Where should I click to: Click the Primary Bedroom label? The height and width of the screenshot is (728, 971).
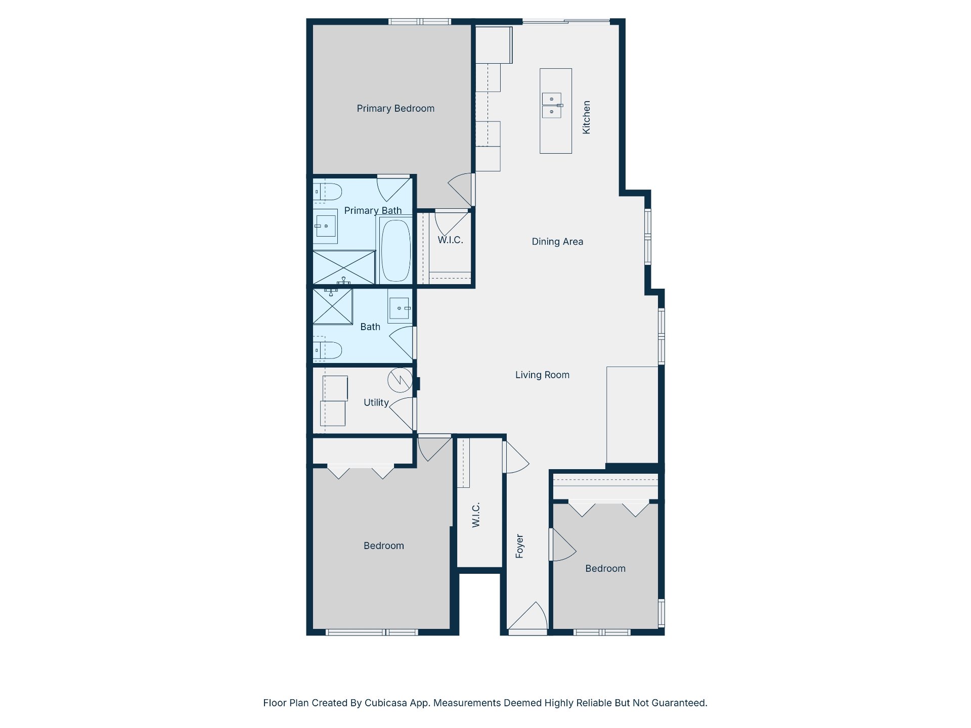395,109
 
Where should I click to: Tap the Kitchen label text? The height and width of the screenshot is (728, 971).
586,117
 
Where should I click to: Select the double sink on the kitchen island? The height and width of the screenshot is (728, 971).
552,105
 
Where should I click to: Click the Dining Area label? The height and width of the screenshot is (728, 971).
557,242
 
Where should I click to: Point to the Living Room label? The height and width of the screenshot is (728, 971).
542,375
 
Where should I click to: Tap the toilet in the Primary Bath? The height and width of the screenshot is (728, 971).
327,192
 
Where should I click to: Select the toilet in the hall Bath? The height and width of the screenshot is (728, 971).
327,350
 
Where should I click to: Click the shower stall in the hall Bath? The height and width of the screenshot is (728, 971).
332,306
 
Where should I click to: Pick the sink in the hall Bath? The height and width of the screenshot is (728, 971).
400,308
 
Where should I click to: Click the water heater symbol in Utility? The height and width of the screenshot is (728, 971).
400,380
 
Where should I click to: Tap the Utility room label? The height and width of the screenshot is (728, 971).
376,403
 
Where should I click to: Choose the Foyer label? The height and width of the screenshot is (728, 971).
519,546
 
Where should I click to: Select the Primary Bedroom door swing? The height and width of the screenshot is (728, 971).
460,189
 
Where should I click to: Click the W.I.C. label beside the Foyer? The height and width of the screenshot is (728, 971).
476,515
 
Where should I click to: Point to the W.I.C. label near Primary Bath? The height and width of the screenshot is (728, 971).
450,240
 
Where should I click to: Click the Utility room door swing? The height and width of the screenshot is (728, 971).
403,414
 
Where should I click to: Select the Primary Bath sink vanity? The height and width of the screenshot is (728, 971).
325,226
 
